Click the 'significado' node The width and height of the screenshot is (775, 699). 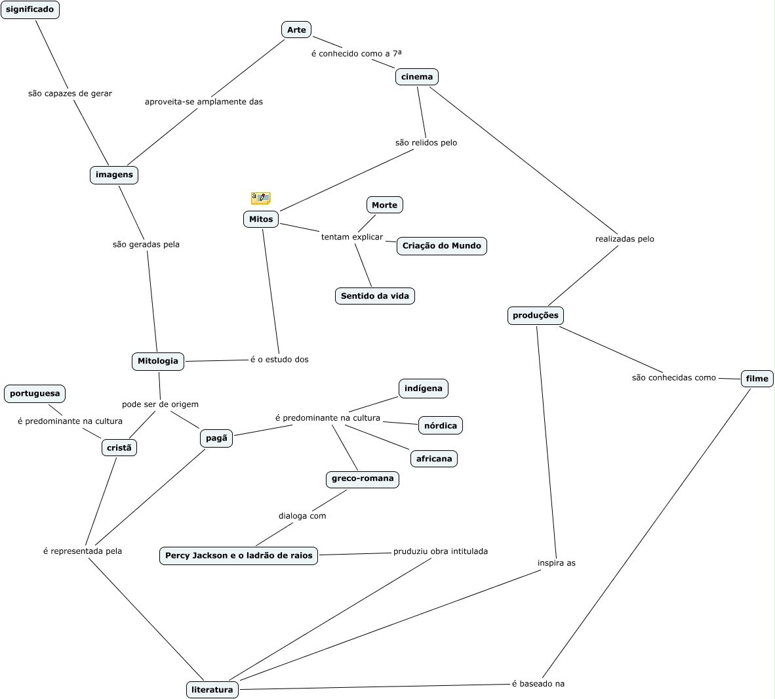click(x=30, y=10)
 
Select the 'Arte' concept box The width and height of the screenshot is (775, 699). click(x=296, y=30)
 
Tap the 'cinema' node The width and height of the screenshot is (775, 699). click(x=417, y=77)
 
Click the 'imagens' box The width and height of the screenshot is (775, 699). click(x=114, y=175)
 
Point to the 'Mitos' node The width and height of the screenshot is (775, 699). click(x=261, y=219)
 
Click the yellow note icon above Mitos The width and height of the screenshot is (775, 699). click(x=260, y=198)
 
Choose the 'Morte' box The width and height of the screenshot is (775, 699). click(x=384, y=205)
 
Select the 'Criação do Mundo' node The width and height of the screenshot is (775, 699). click(x=442, y=245)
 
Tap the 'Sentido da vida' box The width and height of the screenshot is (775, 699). click(x=375, y=296)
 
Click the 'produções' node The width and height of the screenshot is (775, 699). click(x=536, y=315)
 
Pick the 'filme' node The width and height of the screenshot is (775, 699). click(x=757, y=379)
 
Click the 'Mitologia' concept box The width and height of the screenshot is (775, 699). click(x=158, y=361)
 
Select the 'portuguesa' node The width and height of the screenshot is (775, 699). click(x=35, y=394)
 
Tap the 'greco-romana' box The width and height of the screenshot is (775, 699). click(x=363, y=478)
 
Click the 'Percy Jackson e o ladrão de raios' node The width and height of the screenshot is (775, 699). click(x=239, y=556)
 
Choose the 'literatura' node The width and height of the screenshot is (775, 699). click(x=212, y=690)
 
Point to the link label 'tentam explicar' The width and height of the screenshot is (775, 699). click(x=352, y=237)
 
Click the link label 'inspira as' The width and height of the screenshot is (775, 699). click(x=557, y=563)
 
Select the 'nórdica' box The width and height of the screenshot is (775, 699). click(x=441, y=425)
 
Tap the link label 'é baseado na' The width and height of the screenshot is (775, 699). click(x=538, y=684)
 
